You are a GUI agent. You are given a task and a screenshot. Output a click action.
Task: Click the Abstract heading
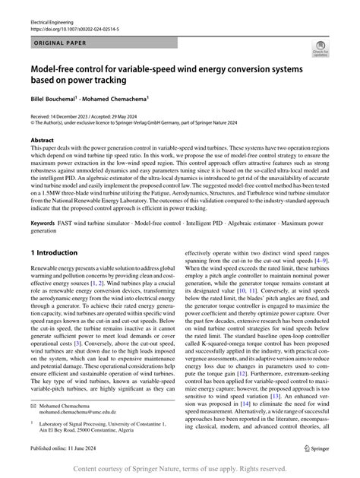(42, 141)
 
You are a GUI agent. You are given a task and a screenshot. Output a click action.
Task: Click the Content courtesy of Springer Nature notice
(179, 469)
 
